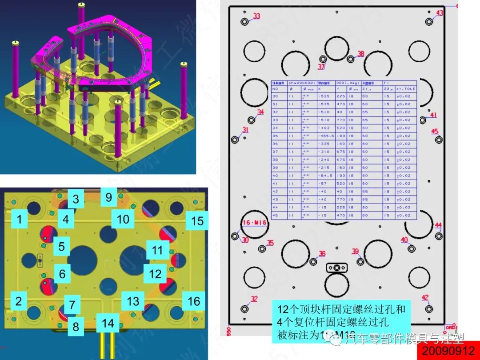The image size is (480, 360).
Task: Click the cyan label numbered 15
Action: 197,221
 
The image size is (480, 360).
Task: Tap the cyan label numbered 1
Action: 19,219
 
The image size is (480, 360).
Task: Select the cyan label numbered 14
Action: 108,323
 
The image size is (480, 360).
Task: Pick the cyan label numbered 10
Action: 123,219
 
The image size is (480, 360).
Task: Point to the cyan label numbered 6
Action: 62,274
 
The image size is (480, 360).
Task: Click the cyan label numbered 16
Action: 194,301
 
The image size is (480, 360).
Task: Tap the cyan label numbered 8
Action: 76,327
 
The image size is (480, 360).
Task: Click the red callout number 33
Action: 257,16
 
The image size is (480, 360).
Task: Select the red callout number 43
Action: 439,13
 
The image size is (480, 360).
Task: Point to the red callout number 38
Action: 360,54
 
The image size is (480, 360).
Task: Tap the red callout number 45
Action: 435,132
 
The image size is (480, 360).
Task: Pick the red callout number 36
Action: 322,253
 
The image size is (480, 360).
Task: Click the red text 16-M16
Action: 253,222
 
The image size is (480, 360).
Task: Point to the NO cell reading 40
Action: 275,176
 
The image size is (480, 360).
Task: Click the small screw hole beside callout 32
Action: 244,308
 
